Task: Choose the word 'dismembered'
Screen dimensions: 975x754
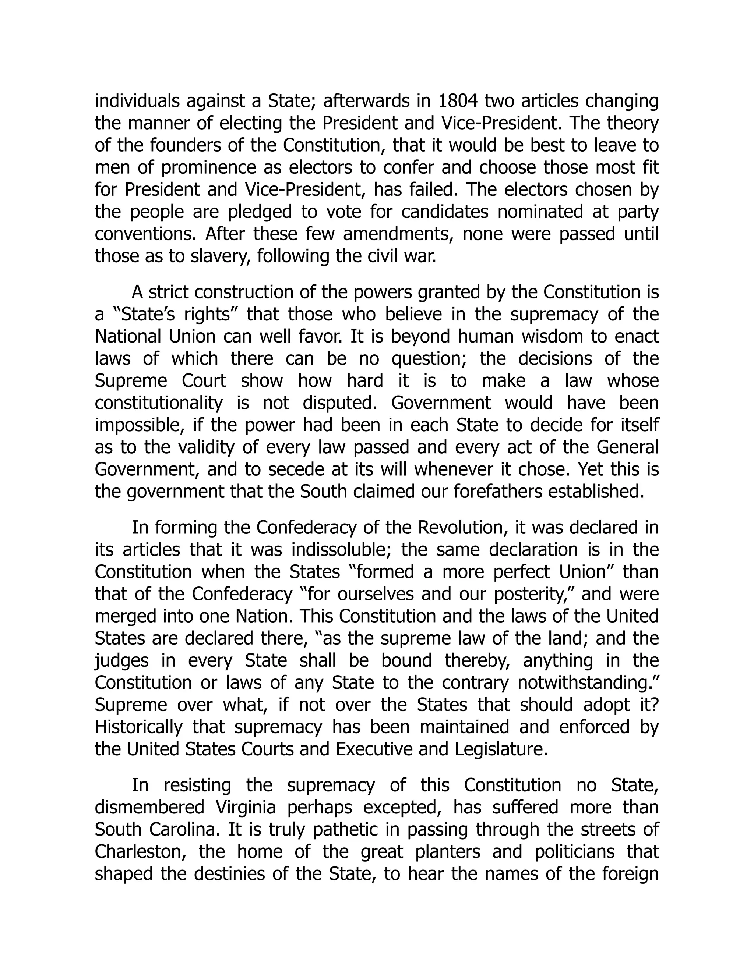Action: pos(149,807)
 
